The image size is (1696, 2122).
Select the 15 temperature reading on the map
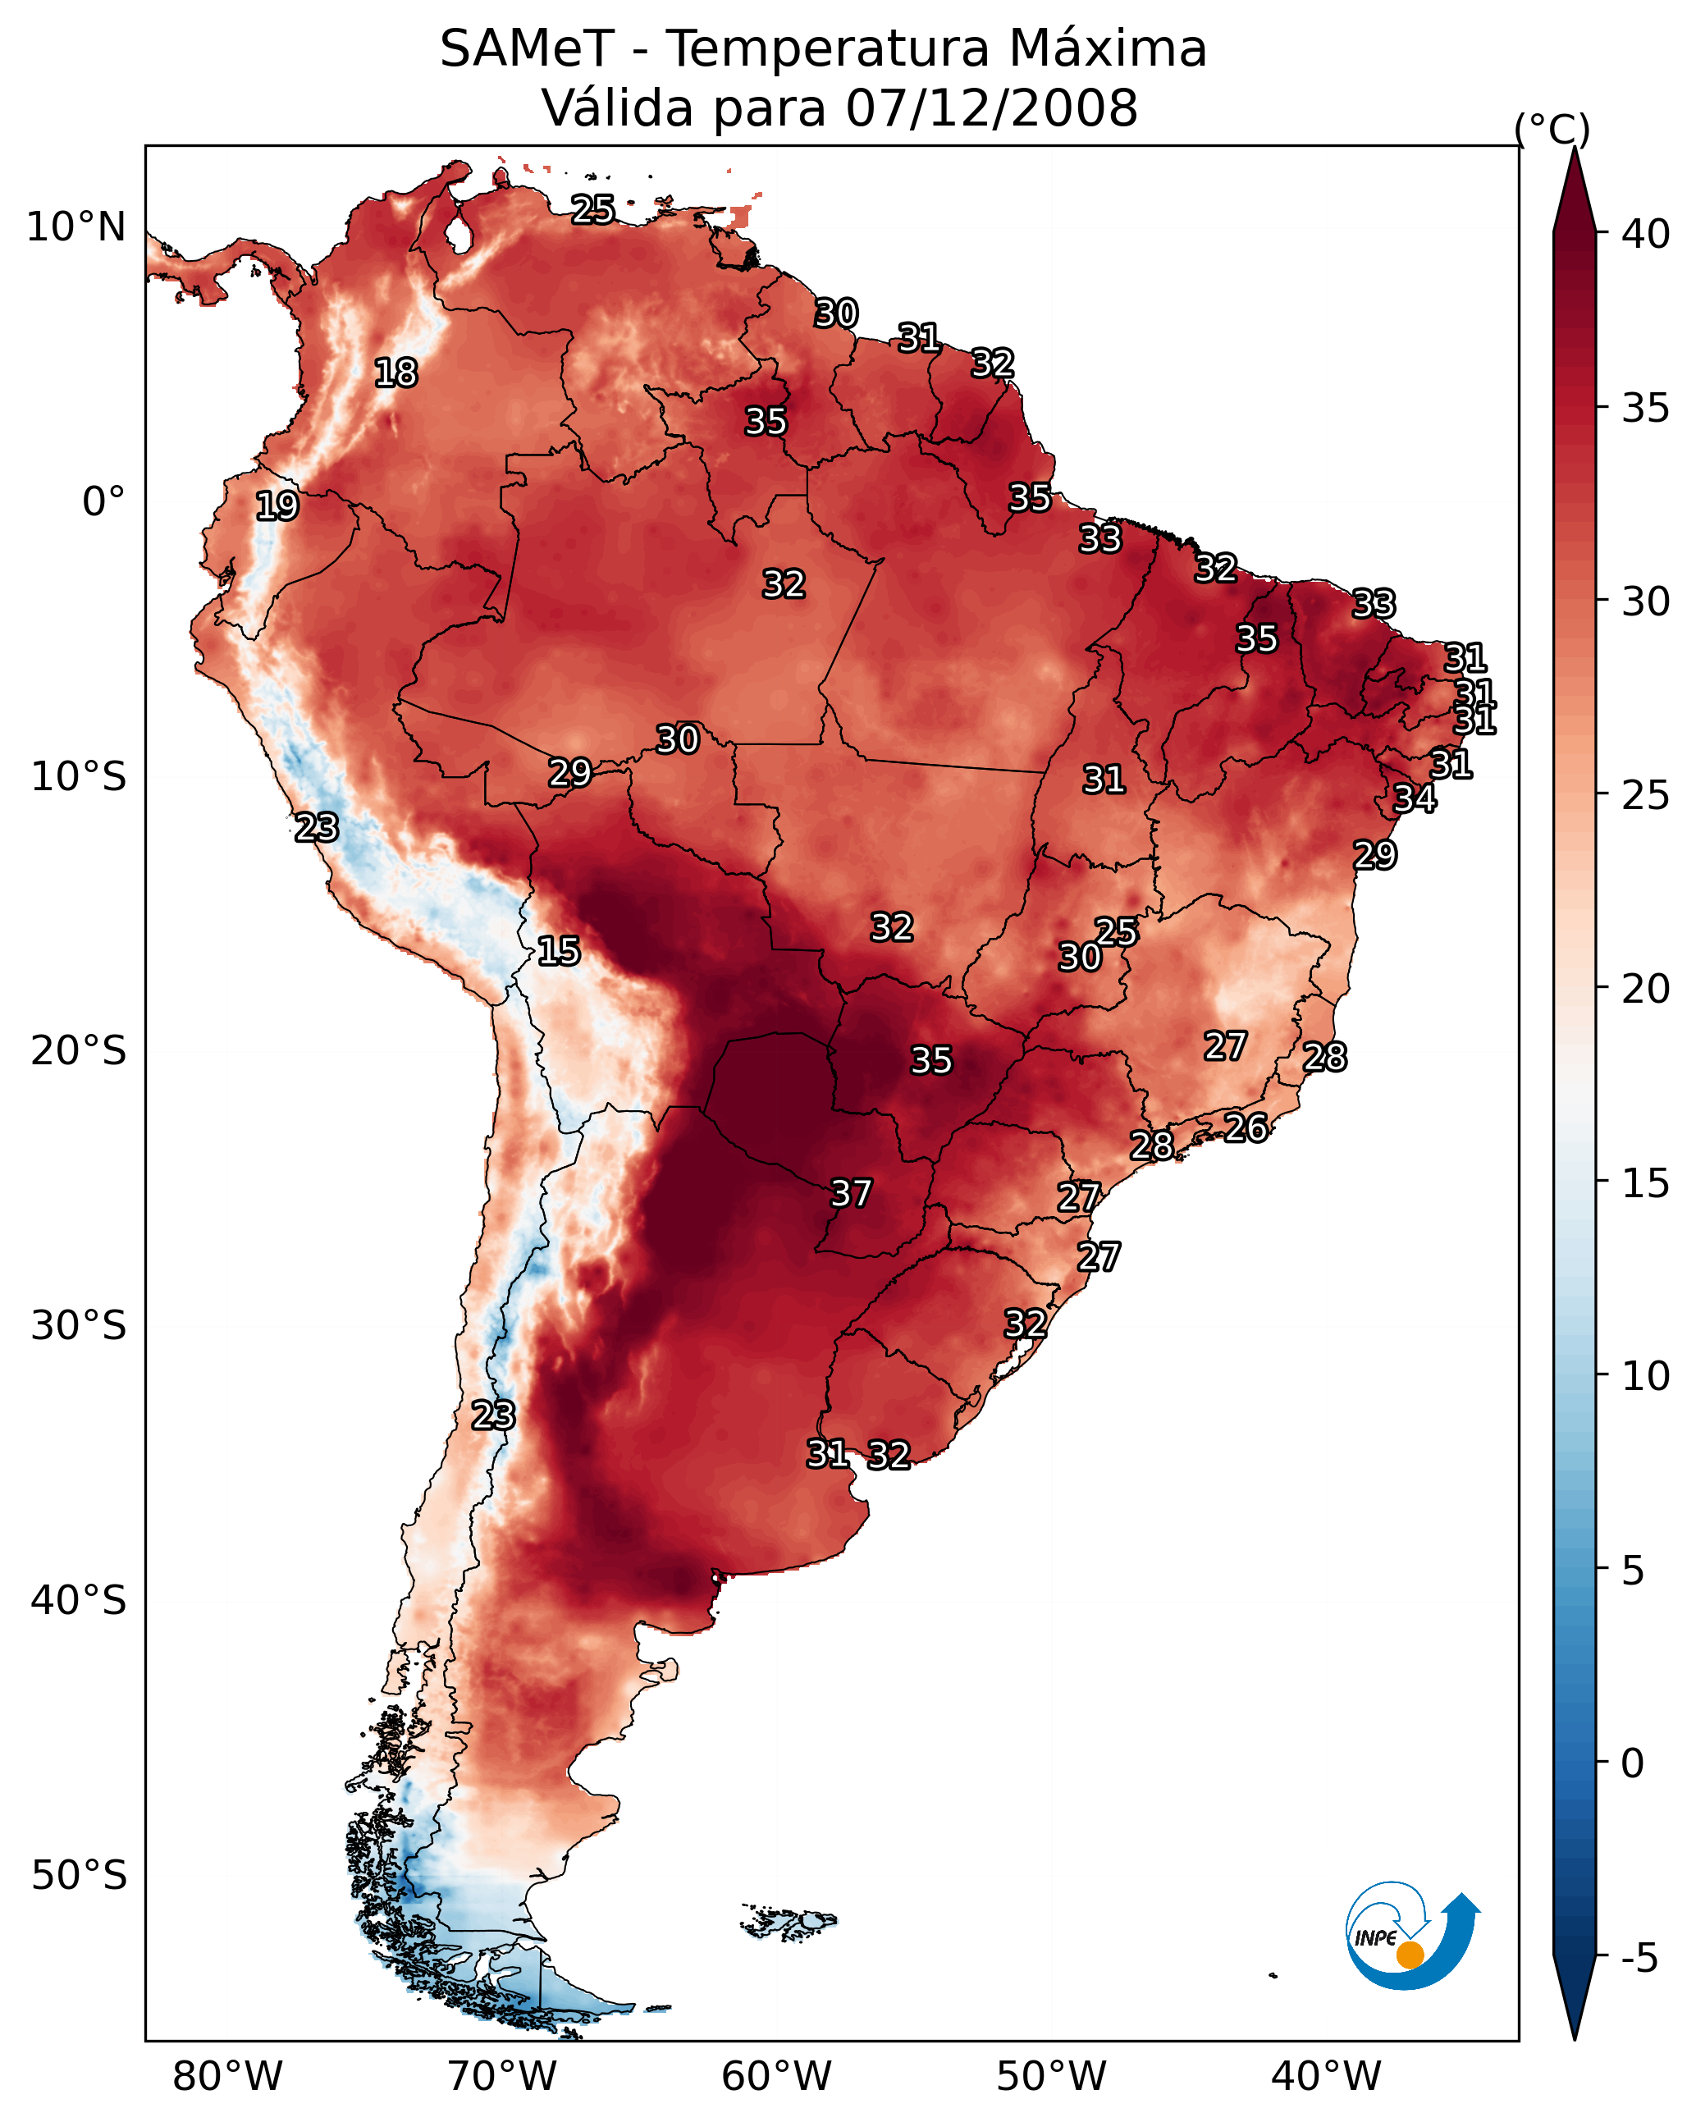[x=558, y=951]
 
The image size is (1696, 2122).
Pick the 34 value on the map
[x=1415, y=798]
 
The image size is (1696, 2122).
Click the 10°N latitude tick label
[x=75, y=227]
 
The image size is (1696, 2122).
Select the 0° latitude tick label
[x=103, y=502]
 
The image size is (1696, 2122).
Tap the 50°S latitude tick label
[x=79, y=1876]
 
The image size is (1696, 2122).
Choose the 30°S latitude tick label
[x=79, y=1326]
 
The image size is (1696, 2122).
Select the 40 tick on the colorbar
[x=1646, y=234]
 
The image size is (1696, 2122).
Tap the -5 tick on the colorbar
[x=1639, y=1959]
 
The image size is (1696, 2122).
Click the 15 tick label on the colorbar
[x=1646, y=1183]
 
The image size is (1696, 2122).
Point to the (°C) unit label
[x=1552, y=129]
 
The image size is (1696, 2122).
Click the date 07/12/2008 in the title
[x=991, y=107]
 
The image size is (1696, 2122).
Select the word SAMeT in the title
[x=528, y=49]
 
